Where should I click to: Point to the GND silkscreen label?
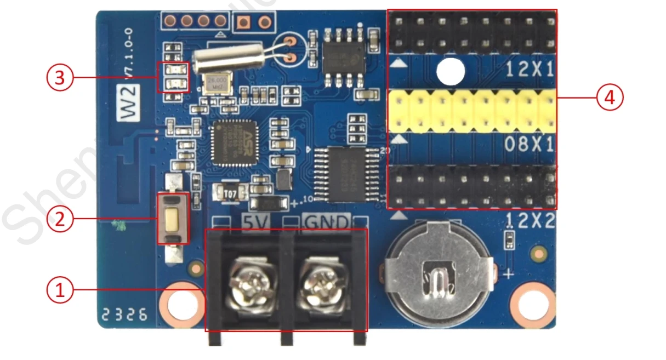click(x=326, y=222)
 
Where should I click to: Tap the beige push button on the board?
click(x=172, y=218)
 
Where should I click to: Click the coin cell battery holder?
click(x=439, y=271)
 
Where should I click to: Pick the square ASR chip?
click(x=233, y=142)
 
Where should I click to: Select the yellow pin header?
click(x=471, y=112)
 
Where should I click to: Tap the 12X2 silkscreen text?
click(x=530, y=220)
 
